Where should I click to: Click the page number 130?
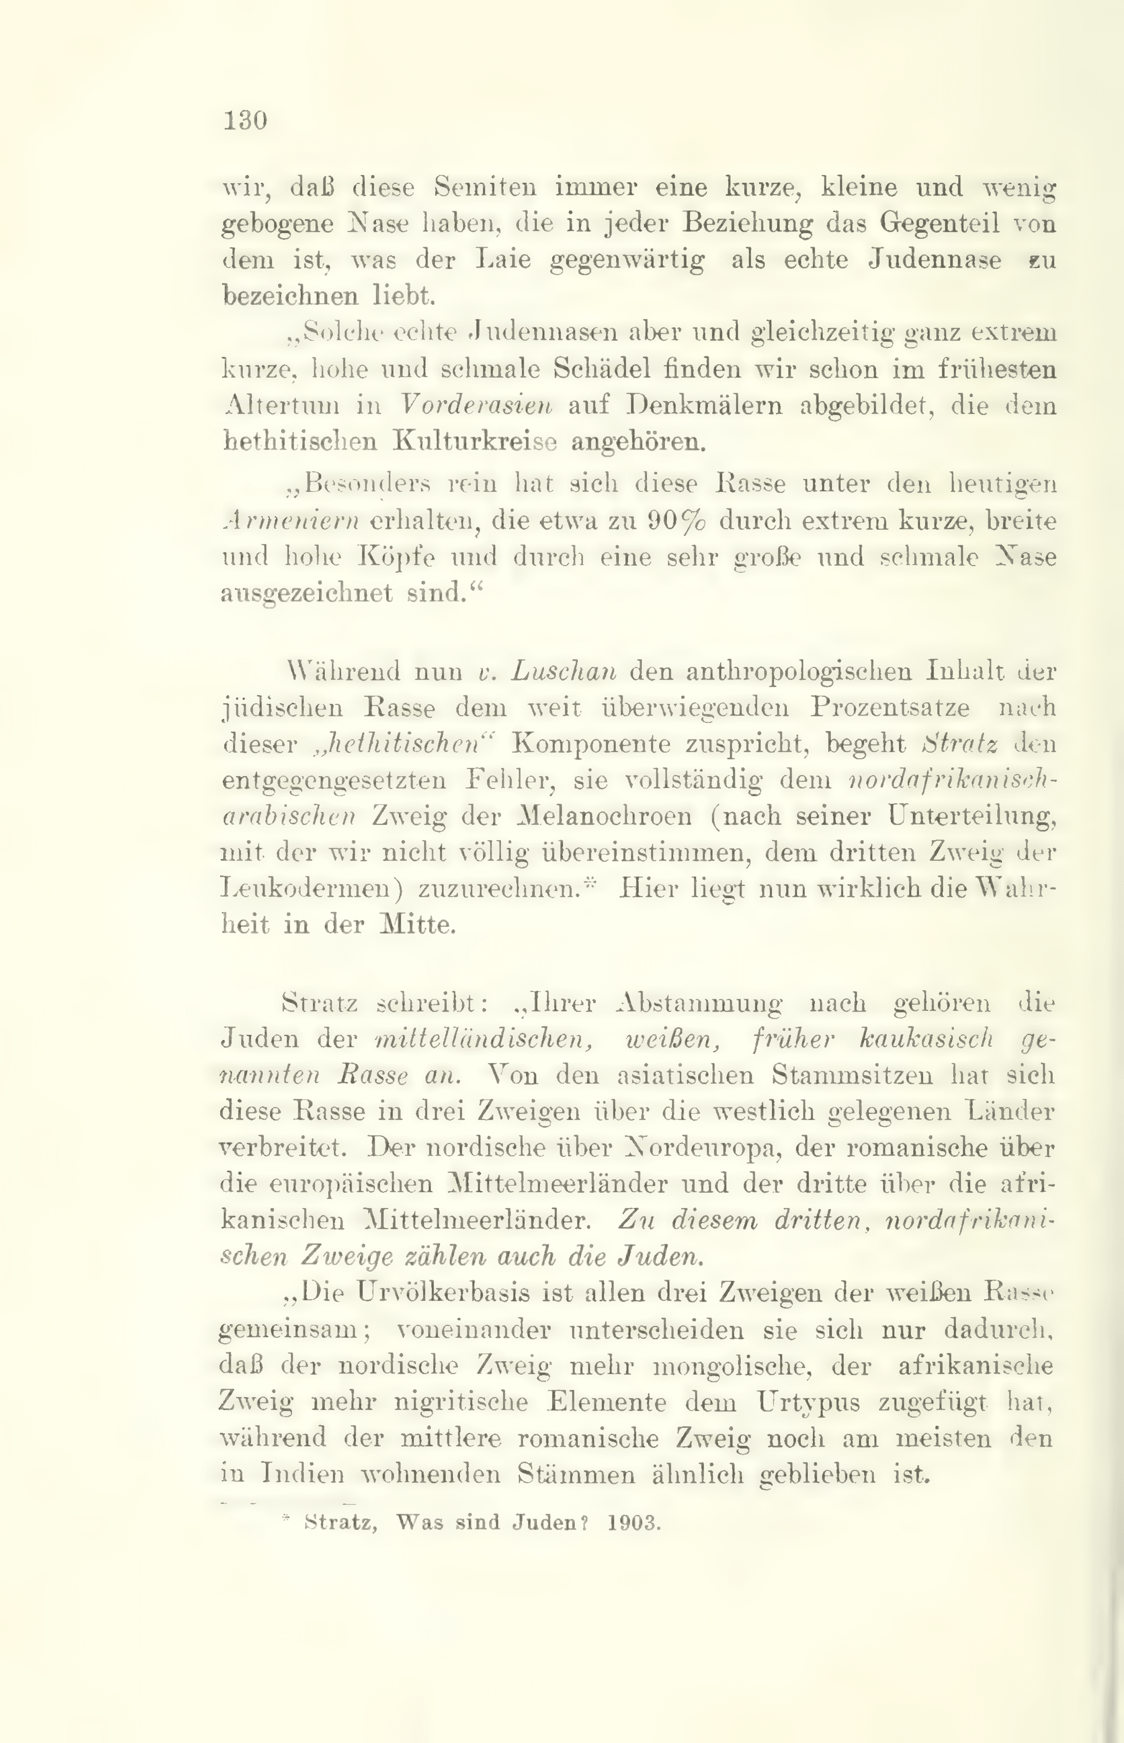(245, 120)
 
